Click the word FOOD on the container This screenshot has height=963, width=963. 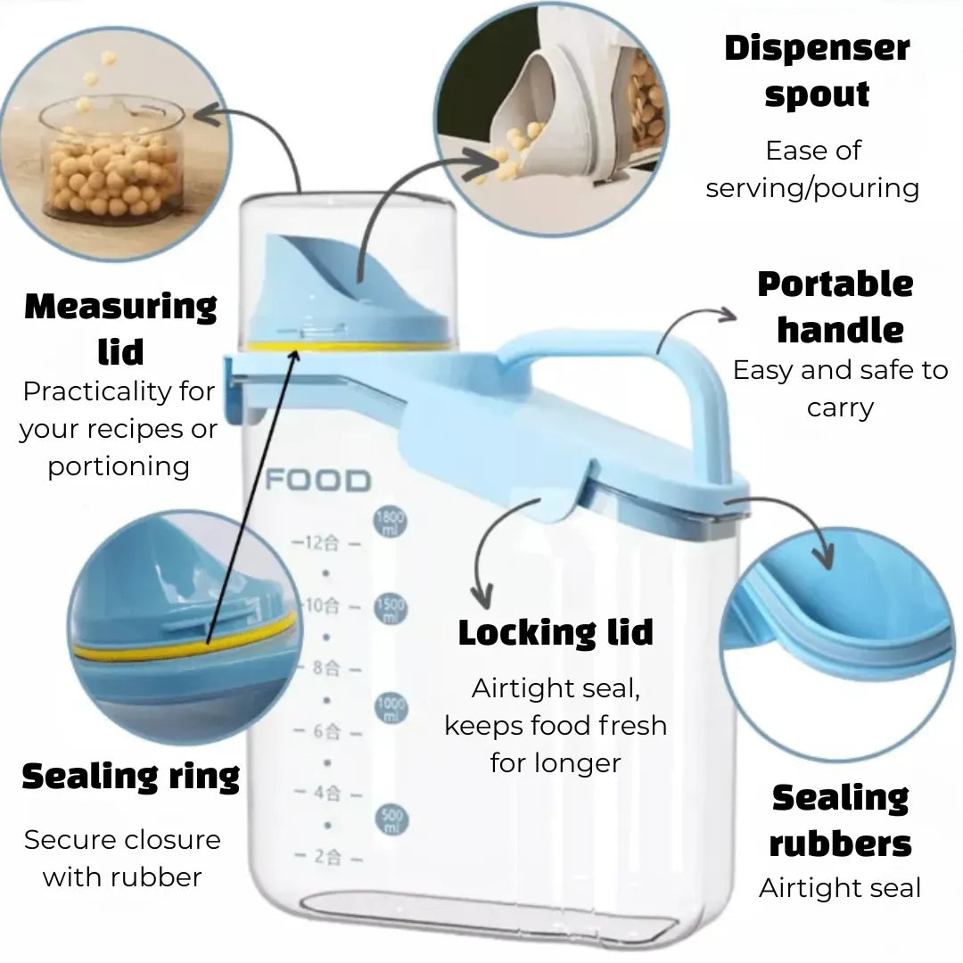pos(318,481)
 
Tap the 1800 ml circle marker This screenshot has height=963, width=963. pos(391,523)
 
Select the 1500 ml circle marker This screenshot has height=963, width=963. pos(391,609)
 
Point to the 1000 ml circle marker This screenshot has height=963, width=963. pos(391,706)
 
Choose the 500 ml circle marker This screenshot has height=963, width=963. pos(391,819)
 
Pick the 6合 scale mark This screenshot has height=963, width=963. pos(327,731)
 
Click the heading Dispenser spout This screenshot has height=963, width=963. pos(817,70)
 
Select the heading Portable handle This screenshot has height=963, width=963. pos(836,307)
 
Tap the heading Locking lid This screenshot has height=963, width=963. pos(556,632)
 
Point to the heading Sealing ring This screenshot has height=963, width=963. pos(131,777)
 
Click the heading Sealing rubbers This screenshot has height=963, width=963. pos(840,820)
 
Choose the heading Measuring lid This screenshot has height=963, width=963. pos(120,329)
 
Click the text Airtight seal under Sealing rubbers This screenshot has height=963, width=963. pos(840,888)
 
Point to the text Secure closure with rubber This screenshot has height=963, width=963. pos(122,859)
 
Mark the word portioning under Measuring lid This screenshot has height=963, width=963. pos(119,466)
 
